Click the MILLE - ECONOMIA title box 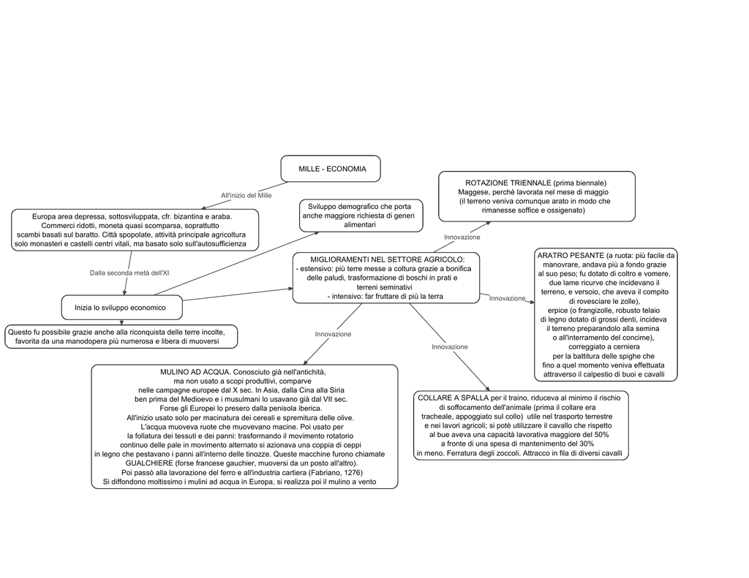331,169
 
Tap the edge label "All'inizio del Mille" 246,195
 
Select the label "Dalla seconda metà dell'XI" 129,273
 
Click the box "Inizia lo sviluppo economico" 122,308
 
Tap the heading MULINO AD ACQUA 195,372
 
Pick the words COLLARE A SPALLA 453,398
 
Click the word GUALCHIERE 149,463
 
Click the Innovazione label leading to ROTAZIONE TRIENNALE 462,237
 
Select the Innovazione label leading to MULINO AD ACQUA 333,334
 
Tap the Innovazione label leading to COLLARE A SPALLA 450,346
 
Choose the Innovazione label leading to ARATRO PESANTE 507,298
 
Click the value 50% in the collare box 601,434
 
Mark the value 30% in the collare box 586,444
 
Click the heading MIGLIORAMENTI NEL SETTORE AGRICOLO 387,259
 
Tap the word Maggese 473,192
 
